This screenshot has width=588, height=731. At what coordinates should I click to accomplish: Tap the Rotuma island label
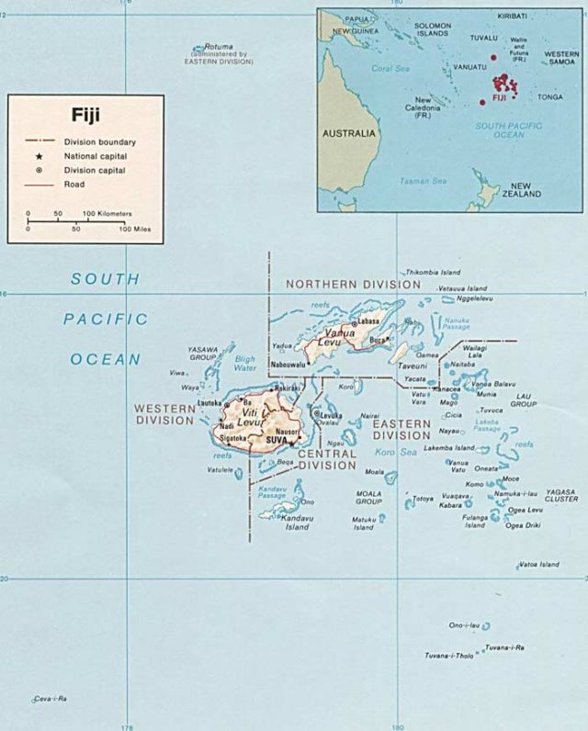pyautogui.click(x=219, y=46)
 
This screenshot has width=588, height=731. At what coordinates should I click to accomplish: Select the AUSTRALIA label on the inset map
pyautogui.click(x=348, y=133)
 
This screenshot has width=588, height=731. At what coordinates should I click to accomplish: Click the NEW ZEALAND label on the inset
pyautogui.click(x=527, y=189)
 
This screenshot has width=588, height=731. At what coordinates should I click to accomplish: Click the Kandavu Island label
pyautogui.click(x=284, y=523)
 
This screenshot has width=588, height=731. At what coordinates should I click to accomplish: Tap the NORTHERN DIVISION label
pyautogui.click(x=345, y=285)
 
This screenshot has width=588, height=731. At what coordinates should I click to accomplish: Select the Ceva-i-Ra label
pyautogui.click(x=51, y=699)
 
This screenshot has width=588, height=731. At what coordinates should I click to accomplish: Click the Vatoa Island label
pyautogui.click(x=539, y=564)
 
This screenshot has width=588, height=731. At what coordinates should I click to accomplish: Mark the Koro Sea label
pyautogui.click(x=396, y=452)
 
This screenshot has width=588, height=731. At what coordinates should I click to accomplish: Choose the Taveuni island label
pyautogui.click(x=413, y=365)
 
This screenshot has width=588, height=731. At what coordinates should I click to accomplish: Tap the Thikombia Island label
pyautogui.click(x=433, y=272)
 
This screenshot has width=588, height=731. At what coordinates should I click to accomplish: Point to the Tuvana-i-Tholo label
pyautogui.click(x=449, y=656)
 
